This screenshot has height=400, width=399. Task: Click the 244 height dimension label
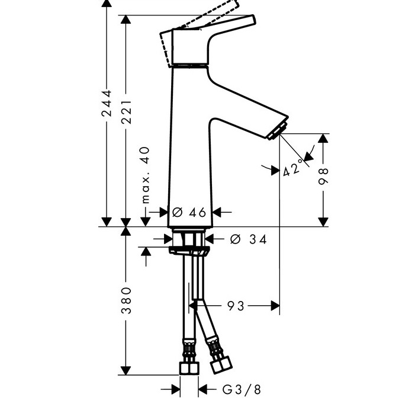pos(107,103)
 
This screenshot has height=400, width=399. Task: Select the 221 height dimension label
pos(126,112)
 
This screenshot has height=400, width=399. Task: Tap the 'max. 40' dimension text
pos(146,175)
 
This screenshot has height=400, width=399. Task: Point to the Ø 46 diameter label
pos(189,212)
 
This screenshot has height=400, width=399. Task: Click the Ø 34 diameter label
pos(248,239)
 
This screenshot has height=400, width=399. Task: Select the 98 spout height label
pos(323,176)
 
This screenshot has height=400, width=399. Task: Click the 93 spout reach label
pos(236,306)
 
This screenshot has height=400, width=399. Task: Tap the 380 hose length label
pos(126,300)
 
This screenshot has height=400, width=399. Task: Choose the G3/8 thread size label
pos(242,389)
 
